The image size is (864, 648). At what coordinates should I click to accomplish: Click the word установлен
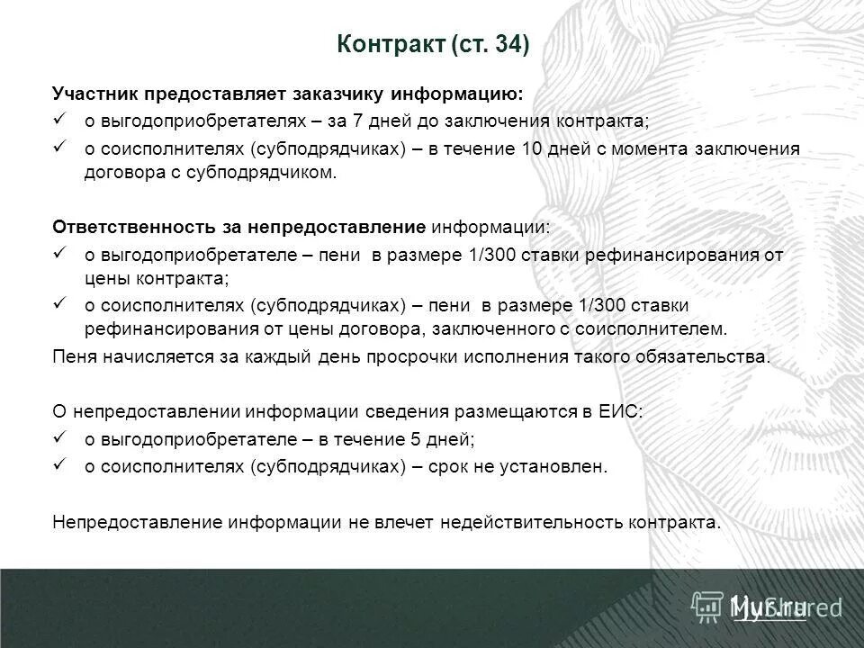click(x=555, y=466)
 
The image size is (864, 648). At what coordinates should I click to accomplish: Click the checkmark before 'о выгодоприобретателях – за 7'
click(x=60, y=119)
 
